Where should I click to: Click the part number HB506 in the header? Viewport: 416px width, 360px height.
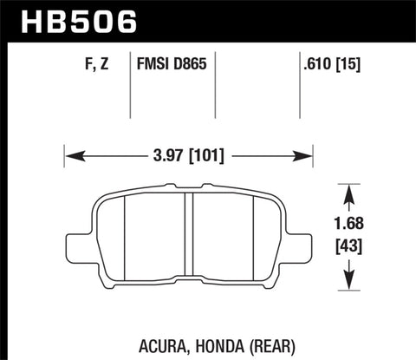[73, 19]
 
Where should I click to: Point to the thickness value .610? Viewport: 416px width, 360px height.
[315, 63]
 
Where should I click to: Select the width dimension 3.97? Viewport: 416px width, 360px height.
[164, 157]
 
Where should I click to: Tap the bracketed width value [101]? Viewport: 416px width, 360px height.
[205, 157]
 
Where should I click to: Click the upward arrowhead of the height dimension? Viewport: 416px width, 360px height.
[350, 188]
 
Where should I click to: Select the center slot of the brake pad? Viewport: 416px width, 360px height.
[188, 234]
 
